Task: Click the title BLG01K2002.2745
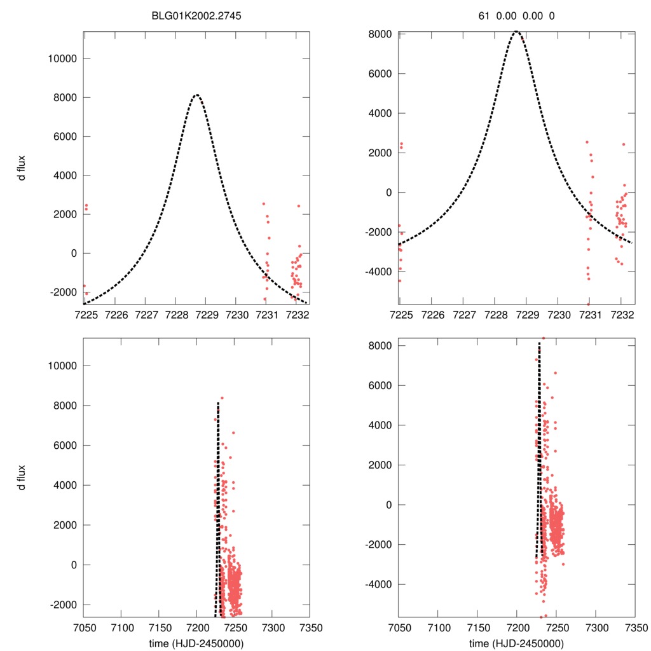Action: click(196, 17)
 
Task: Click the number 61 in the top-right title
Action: click(484, 17)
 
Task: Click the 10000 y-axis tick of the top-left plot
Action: click(62, 58)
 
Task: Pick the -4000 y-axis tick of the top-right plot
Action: click(380, 271)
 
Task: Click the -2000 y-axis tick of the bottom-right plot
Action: click(380, 544)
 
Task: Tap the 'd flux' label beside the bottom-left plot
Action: click(22, 477)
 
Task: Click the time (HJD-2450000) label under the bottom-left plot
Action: click(196, 643)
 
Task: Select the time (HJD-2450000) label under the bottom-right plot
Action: click(516, 643)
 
